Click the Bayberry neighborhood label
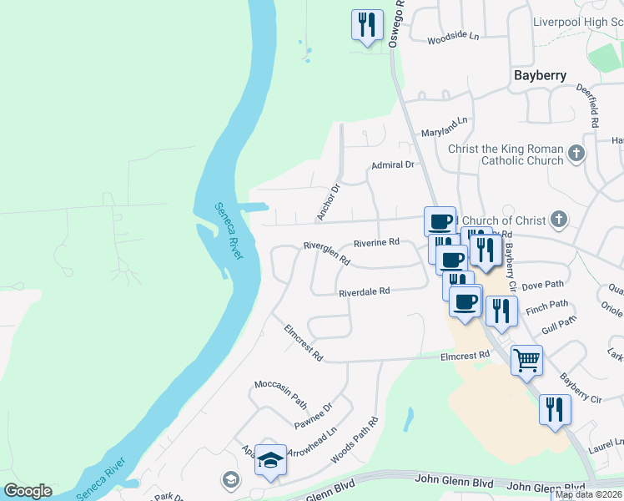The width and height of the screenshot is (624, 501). click(540, 75)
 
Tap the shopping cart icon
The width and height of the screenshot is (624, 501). click(526, 362)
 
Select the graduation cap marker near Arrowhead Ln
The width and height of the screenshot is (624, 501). click(270, 460)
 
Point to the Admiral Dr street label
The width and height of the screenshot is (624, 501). click(392, 165)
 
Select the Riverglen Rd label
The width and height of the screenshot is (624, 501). click(326, 253)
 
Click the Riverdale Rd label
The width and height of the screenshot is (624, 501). click(364, 292)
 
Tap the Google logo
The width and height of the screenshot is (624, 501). click(28, 491)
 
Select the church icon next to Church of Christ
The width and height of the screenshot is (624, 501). click(559, 220)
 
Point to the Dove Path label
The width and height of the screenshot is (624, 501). click(543, 286)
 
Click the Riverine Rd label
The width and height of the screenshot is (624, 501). click(376, 242)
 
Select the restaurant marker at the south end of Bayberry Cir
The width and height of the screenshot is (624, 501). click(555, 410)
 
